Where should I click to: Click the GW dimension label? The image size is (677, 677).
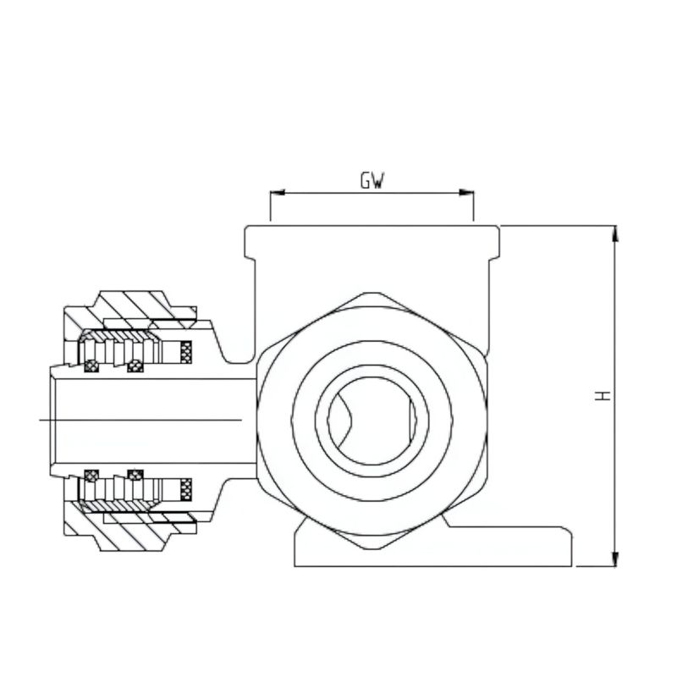pyautogui.click(x=372, y=180)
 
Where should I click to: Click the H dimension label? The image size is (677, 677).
pyautogui.click(x=603, y=395)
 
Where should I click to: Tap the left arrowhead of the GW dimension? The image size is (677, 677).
pyautogui.click(x=278, y=193)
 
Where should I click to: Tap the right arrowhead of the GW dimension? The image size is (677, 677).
pyautogui.click(x=466, y=193)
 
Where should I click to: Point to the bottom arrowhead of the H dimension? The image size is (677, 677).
pyautogui.click(x=616, y=559)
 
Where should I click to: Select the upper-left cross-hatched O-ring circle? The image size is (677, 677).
pyautogui.click(x=91, y=366)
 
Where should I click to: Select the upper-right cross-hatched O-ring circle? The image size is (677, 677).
pyautogui.click(x=135, y=366)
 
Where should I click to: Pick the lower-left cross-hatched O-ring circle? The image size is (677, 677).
pyautogui.click(x=91, y=476)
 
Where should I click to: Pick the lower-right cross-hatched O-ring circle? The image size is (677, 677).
pyautogui.click(x=135, y=476)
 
